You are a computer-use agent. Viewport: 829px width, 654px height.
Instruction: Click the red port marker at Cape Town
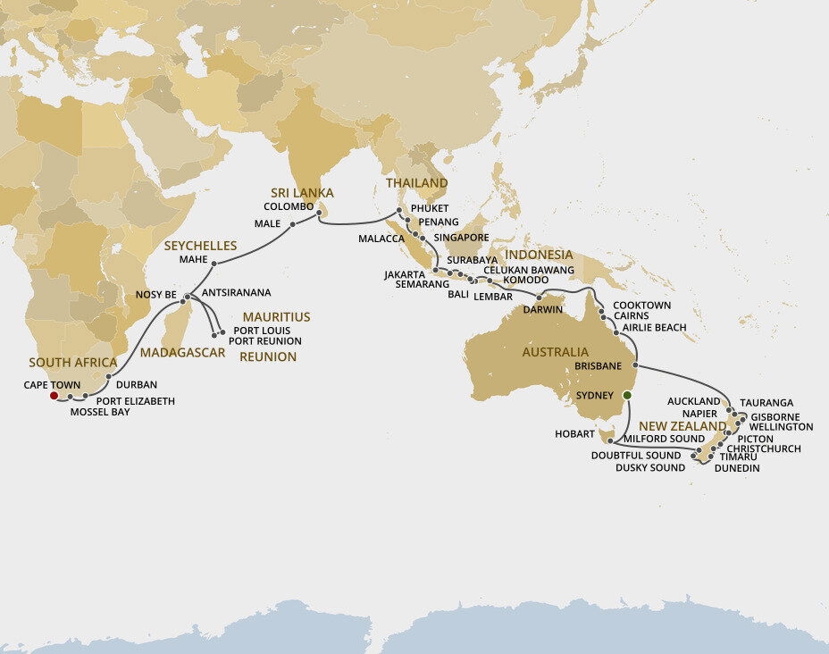pos(54,395)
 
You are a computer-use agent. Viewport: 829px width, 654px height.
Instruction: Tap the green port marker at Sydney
pos(627,395)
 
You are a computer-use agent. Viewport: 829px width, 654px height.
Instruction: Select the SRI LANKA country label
pos(303,193)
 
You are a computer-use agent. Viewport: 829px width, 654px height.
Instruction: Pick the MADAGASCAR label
pos(182,353)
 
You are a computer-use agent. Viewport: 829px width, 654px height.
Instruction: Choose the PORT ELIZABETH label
pos(135,401)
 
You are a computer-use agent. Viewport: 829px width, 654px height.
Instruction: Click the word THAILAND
pos(416,183)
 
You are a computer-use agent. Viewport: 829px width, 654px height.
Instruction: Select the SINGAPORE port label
pos(461,238)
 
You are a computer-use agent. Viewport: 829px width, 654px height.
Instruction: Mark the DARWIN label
pos(543,311)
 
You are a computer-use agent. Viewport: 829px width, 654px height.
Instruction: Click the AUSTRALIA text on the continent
pos(556,352)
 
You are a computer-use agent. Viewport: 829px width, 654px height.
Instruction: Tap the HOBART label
pos(574,434)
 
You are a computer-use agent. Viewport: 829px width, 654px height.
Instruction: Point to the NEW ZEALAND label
pos(676,426)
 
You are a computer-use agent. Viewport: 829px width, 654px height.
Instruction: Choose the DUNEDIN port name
pos(737,468)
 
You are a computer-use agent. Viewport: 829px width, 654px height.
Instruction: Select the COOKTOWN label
pos(642,306)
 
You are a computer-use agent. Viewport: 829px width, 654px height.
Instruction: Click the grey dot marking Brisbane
pos(634,365)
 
